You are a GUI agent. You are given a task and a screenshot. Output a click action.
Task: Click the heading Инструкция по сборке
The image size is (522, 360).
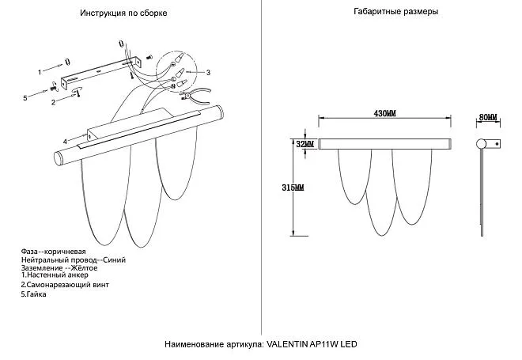[123, 14]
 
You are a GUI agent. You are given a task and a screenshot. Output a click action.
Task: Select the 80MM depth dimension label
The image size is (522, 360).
[488, 117]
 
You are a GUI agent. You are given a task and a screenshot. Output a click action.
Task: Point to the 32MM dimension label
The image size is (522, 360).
[304, 144]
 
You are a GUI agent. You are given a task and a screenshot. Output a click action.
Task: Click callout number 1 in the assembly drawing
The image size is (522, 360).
[40, 71]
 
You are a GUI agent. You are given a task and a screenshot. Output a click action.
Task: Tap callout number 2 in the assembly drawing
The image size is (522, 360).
[53, 102]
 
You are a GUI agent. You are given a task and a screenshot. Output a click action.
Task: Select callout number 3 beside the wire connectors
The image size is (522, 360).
[207, 72]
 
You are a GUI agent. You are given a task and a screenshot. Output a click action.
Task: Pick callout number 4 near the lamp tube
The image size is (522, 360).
[55, 142]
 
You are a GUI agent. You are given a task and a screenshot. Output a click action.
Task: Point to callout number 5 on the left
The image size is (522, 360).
[25, 97]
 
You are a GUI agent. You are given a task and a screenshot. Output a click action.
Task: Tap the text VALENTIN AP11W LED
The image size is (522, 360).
[313, 346]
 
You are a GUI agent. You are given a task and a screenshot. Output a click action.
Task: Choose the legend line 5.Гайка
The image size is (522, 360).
[34, 294]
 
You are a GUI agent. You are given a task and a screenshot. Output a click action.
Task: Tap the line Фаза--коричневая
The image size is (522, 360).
[53, 250]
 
